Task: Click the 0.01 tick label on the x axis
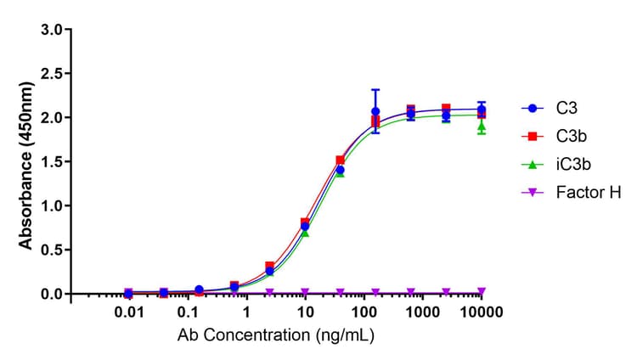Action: (128, 313)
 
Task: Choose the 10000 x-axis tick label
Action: (481, 313)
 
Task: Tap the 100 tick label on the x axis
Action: (364, 313)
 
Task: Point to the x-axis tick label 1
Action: (246, 313)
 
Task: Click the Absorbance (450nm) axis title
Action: (26, 161)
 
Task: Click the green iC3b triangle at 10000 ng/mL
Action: (482, 127)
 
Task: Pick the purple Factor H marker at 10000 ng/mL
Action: (482, 291)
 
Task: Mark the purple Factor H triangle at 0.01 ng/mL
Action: (128, 292)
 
